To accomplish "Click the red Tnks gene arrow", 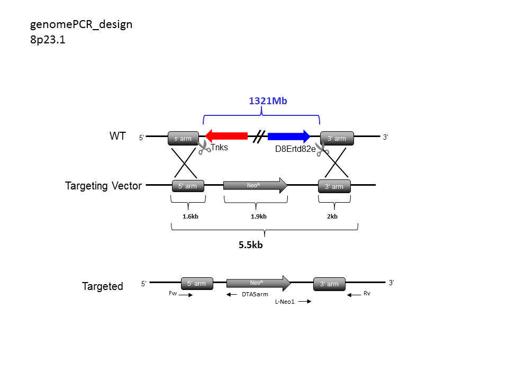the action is pos(226,136).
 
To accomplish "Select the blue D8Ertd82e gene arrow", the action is pos(289,136).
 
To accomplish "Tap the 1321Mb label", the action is pos(268,101).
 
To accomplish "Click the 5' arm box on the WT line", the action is pos(184,138).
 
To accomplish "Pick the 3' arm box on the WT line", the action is pos(337,138).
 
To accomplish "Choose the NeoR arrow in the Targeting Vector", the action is pos(255,185).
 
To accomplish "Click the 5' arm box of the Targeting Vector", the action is pos(188,186).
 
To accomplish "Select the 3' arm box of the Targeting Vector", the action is pos(334,186).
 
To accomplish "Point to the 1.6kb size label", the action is pos(190,216).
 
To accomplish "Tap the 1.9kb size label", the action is pos(259,216).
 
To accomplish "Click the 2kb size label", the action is pos(332,216).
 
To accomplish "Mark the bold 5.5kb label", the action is pos(251,245).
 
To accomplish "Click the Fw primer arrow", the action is pos(186,295).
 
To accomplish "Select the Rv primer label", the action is pos(367,293).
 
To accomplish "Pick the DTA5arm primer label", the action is pos(255,294).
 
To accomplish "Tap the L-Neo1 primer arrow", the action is pos(305,302).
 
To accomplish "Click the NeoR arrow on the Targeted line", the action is pos(259,283).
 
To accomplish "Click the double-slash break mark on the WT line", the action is pos(259,137).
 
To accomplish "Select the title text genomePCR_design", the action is pos(81,25).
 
